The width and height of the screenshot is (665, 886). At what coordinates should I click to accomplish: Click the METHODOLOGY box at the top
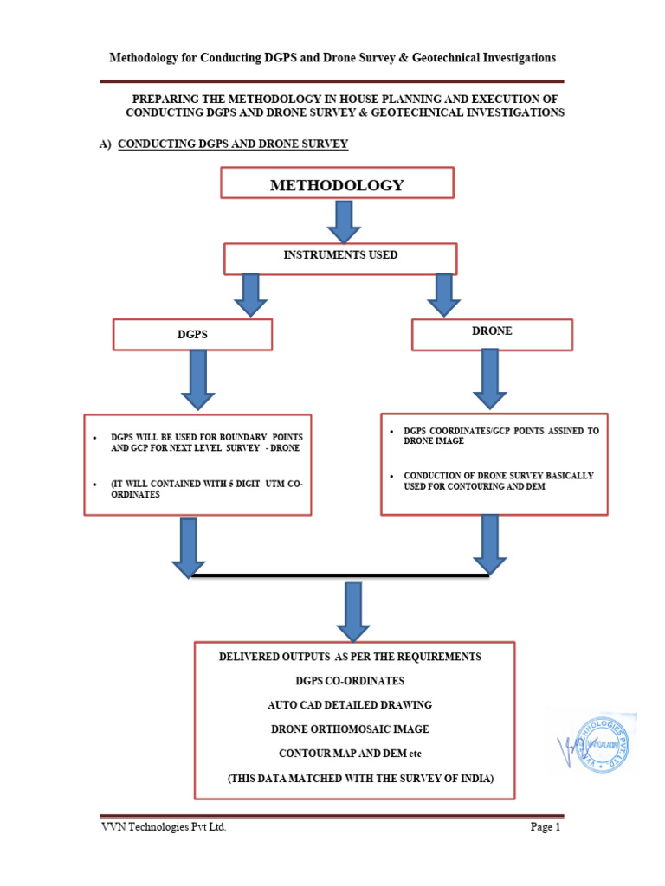pyautogui.click(x=337, y=185)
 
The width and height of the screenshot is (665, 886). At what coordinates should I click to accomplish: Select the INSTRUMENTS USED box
pyautogui.click(x=340, y=257)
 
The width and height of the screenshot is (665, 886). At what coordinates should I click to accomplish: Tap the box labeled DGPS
pyautogui.click(x=192, y=334)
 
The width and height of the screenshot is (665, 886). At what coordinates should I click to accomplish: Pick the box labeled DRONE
pyautogui.click(x=491, y=333)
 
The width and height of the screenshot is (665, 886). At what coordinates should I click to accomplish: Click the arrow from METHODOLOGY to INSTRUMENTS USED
pyautogui.click(x=343, y=221)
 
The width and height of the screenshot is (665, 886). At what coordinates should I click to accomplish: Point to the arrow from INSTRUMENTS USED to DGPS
pyautogui.click(x=250, y=295)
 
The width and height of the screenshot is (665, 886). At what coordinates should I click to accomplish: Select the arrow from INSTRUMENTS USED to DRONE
pyautogui.click(x=444, y=295)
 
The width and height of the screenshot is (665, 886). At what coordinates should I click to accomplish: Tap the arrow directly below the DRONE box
pyautogui.click(x=489, y=377)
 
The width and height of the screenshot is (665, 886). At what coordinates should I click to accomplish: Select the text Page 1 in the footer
pyautogui.click(x=546, y=827)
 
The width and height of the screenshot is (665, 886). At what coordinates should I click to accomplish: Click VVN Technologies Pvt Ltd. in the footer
pyautogui.click(x=164, y=827)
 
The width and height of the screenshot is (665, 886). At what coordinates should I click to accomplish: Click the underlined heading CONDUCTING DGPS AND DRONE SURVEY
pyautogui.click(x=232, y=144)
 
